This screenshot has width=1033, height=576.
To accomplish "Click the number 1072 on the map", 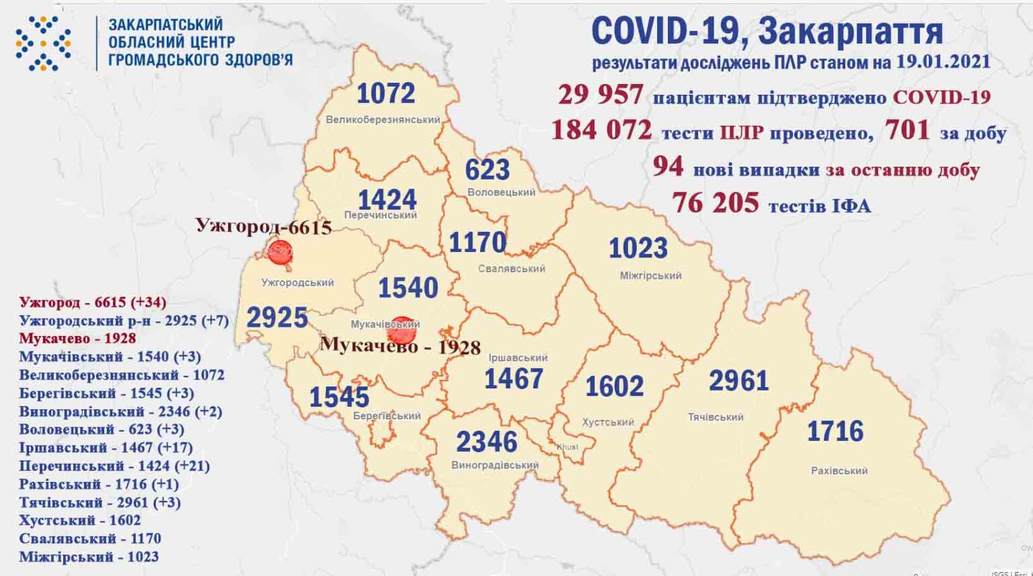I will point(385,93).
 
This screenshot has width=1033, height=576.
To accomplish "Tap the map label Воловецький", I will point(501,192).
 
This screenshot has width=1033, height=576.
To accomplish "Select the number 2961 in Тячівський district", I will point(738,381).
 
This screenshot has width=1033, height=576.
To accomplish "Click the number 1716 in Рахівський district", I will point(835,431).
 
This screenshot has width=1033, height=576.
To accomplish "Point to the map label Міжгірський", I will point(650,276).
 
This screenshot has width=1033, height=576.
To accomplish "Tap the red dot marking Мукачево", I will point(401,330).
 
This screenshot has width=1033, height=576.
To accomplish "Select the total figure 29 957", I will point(600,95).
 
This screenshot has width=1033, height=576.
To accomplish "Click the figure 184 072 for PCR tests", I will point(601,130).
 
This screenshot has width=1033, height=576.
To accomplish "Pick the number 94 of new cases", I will point(667,166).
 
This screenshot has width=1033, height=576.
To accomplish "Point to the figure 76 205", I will point(715,202).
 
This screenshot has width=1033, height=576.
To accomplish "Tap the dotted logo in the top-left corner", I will point(43,43).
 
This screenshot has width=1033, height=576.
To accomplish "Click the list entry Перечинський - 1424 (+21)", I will point(114,466).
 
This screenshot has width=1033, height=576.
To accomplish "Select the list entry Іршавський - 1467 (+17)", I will point(106,448).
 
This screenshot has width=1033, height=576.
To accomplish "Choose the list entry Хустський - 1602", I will point(80,520).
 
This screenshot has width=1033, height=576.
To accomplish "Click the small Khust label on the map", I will point(567,447).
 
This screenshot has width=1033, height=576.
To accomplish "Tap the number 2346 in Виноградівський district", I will point(486,442).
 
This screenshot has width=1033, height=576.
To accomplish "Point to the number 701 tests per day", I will point(907,130).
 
